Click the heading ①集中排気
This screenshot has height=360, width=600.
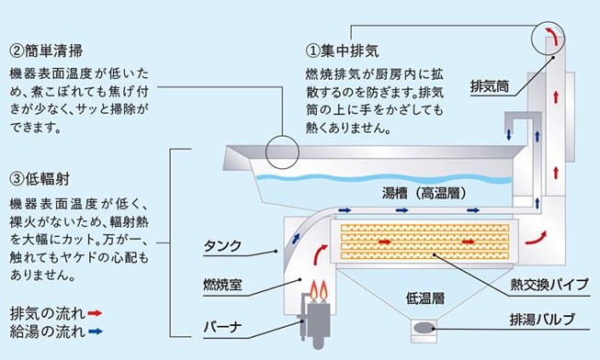point(342,51)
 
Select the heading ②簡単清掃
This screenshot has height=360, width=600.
point(46,51)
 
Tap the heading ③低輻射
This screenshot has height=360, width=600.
point(40,179)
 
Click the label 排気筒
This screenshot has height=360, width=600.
point(490,86)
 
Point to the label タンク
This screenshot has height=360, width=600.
point(222,245)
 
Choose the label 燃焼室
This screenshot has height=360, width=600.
point(222,285)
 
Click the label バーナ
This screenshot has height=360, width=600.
point(222,327)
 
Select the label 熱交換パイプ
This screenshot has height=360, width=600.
point(549,284)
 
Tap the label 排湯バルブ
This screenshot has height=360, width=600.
point(542,319)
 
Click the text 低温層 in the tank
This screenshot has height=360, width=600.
point(425,298)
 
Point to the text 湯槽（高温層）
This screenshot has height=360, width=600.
point(424,193)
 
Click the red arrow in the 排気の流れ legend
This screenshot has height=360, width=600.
point(95,313)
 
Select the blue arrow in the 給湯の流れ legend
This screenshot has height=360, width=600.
point(96,332)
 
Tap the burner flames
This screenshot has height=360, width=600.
point(319,290)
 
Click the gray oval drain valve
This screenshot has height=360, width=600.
point(424,328)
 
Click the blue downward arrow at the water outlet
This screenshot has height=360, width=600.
point(509,135)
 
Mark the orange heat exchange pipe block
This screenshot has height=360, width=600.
point(425,242)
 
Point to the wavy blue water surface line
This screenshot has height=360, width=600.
point(383,178)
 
